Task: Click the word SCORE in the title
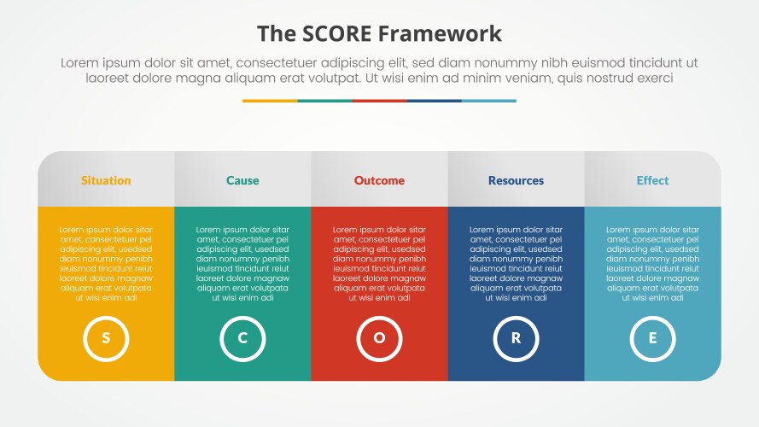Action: coord(340,34)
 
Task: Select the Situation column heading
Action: coord(106,180)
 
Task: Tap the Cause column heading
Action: coord(242,180)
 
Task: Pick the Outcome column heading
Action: coord(379,180)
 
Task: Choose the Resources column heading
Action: coord(516,180)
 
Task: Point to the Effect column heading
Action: coord(652,180)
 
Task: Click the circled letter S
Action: coord(106,338)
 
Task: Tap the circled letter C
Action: coord(242,338)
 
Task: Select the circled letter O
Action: coord(379,338)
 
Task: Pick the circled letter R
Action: coord(516,338)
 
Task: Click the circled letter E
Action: coord(652,338)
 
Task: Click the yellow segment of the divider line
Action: coord(270,101)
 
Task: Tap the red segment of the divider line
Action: coord(379,101)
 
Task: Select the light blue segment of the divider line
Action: coord(488,101)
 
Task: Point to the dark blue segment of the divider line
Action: coord(434,101)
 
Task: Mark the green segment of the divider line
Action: coord(324,101)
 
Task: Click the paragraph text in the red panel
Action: coord(379,264)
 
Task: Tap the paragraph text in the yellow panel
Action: coord(106,264)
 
